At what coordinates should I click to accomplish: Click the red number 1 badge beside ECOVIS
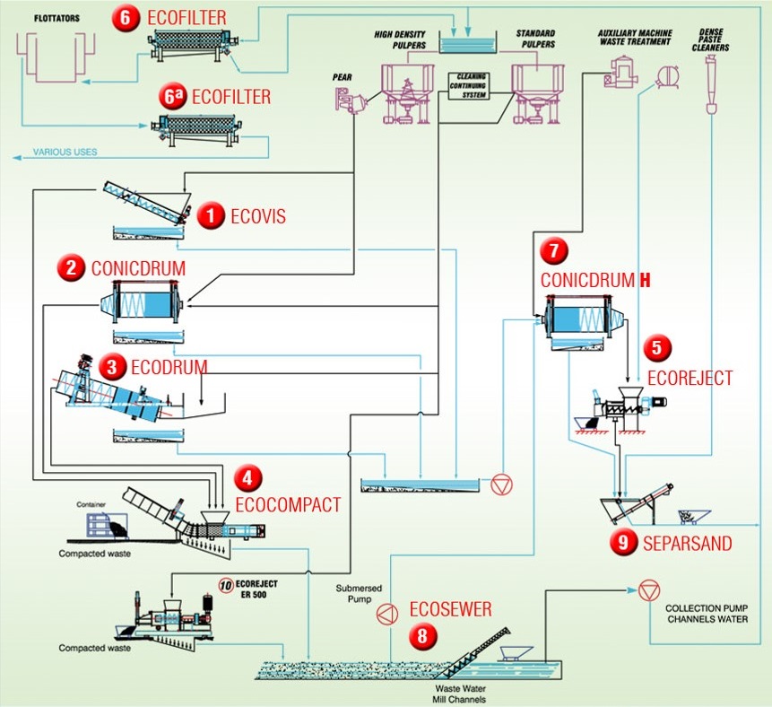pyautogui.click(x=210, y=215)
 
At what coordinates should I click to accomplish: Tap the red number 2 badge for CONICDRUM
pyautogui.click(x=70, y=267)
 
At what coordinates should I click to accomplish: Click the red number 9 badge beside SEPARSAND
pyautogui.click(x=624, y=542)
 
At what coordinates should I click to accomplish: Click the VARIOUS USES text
pyautogui.click(x=65, y=152)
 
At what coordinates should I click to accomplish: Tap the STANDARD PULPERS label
pyautogui.click(x=536, y=39)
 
